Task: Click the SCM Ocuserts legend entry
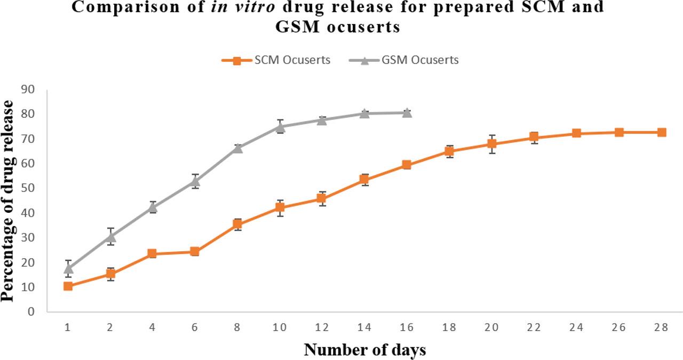coord(276,60)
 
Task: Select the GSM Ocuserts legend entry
coord(404,60)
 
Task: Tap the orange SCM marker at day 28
coord(661,132)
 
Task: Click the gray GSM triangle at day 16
coord(407,113)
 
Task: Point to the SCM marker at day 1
coord(68,286)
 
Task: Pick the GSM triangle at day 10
coord(280,126)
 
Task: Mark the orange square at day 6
coord(195,252)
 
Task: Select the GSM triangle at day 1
coord(68,268)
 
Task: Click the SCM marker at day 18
coord(449,151)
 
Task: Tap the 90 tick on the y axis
coord(28,90)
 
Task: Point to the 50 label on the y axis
coord(28,188)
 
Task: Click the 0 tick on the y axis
coord(31,311)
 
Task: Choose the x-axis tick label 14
coord(364,328)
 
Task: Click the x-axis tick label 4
coord(153,328)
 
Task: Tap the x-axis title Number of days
coord(365,350)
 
